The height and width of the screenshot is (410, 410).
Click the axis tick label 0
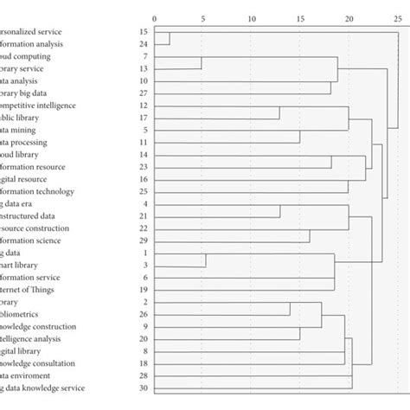pyautogui.click(x=154, y=18)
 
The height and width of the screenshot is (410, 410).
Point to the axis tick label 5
pyautogui.click(x=202, y=18)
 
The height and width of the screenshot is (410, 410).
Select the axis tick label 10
pyautogui.click(x=252, y=18)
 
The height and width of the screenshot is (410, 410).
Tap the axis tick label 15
pyautogui.click(x=300, y=18)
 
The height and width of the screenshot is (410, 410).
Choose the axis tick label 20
pyautogui.click(x=349, y=18)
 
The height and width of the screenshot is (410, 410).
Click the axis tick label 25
pyautogui.click(x=398, y=18)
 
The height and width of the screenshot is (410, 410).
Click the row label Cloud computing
pyautogui.click(x=26, y=55)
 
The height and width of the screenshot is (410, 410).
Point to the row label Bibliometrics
pyautogui.click(x=26, y=314)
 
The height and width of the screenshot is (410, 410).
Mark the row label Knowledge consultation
pyautogui.click(x=38, y=363)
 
